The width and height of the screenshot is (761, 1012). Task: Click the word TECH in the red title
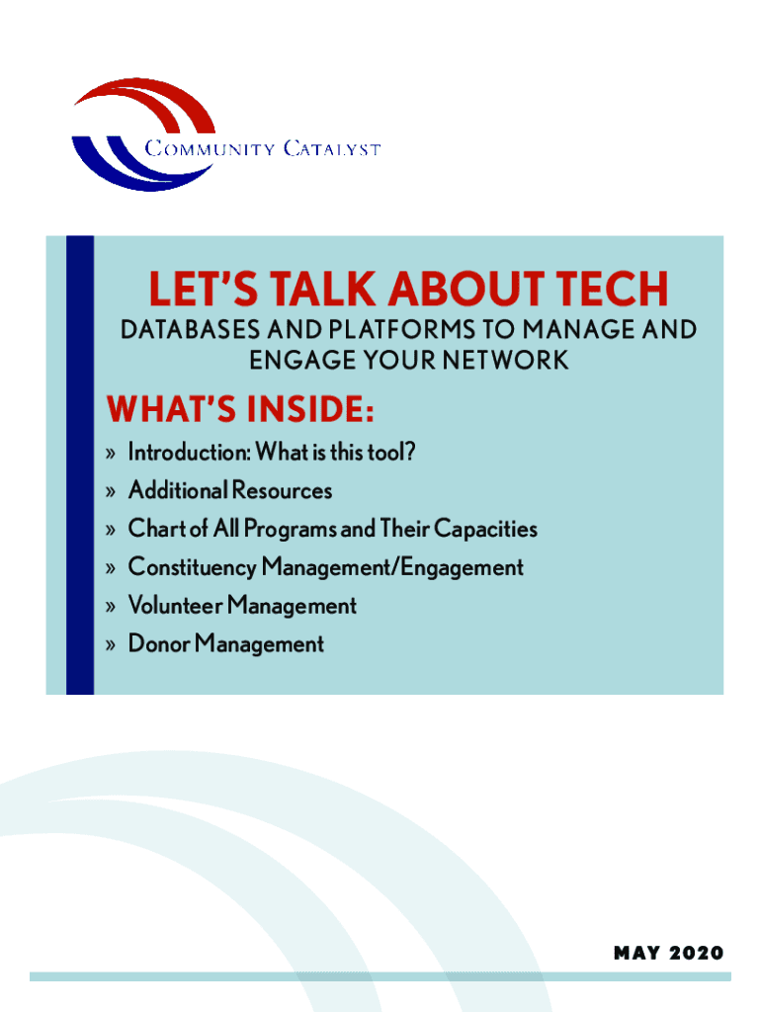coord(612,289)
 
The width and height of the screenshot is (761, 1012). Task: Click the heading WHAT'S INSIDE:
coord(240,409)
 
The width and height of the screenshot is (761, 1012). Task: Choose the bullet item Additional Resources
coord(230,490)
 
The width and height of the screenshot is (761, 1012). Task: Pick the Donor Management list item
coord(226,644)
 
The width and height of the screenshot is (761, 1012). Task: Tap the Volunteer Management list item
coord(242,606)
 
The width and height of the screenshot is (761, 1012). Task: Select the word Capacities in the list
coord(485,530)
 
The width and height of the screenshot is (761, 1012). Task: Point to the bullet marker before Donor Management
coord(111,644)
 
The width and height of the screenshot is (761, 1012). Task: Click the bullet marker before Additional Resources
coord(111,492)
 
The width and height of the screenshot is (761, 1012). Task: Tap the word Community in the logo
coord(210,149)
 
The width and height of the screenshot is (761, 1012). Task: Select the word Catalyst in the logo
coord(332,149)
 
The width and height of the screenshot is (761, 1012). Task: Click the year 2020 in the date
coord(696,954)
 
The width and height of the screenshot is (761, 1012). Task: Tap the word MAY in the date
coord(637,954)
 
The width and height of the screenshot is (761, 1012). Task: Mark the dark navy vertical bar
coord(80,465)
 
